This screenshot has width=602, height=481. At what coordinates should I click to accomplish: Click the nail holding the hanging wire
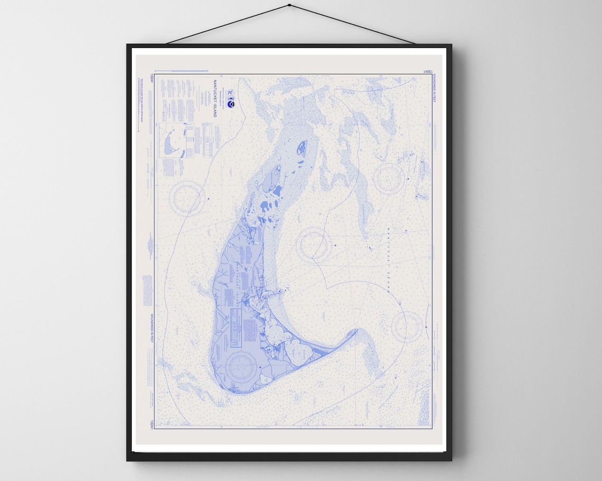click(x=289, y=6)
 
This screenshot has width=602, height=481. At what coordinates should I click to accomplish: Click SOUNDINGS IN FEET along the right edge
click(x=434, y=90)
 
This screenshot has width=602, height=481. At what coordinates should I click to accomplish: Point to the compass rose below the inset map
click(x=187, y=198)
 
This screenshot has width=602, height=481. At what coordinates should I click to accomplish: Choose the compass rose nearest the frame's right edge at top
click(x=389, y=178)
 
